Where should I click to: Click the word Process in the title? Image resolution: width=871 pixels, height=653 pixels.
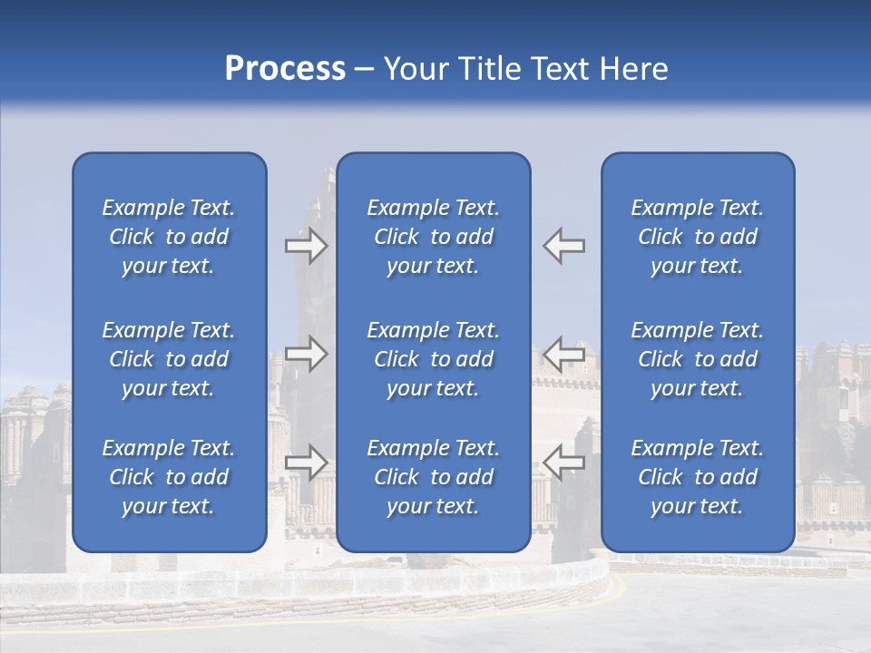click(285, 69)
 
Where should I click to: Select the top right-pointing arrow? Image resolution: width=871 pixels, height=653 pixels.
click(306, 246)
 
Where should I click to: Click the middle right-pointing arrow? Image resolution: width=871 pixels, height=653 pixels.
click(306, 353)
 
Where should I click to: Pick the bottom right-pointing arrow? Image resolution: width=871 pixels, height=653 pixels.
click(306, 462)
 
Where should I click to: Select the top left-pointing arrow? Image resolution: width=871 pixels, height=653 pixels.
click(564, 246)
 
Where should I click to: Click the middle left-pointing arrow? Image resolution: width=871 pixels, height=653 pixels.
click(564, 353)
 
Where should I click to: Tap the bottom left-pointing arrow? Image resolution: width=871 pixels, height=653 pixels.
click(564, 462)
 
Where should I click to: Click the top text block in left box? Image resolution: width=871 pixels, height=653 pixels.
click(169, 237)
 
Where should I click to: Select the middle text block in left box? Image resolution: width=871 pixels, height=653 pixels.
click(169, 359)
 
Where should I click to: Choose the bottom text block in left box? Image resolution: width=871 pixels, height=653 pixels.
click(169, 477)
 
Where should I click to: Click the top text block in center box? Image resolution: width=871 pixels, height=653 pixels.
click(433, 237)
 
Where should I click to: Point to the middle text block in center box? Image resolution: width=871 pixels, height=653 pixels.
click(433, 359)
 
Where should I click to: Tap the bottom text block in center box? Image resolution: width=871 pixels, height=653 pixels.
click(433, 477)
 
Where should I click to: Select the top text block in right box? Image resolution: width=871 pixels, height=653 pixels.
click(697, 237)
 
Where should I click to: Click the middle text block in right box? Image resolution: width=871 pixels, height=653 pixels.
click(697, 359)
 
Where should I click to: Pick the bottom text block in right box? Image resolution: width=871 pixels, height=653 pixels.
click(697, 477)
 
